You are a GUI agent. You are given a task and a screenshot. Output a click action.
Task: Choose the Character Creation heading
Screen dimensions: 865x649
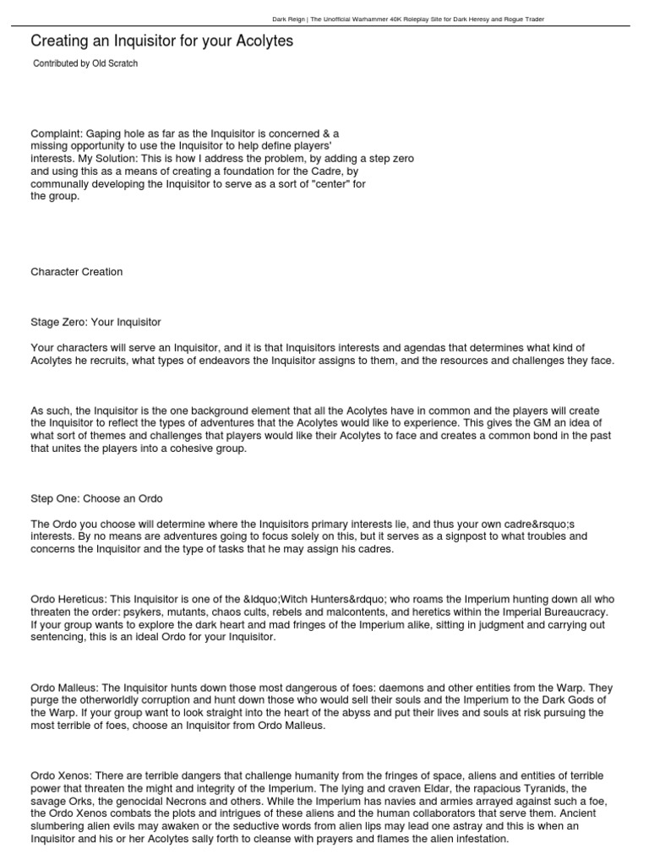pyautogui.click(x=77, y=272)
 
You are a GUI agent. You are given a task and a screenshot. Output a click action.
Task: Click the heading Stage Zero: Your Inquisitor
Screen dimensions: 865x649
pyautogui.click(x=95, y=323)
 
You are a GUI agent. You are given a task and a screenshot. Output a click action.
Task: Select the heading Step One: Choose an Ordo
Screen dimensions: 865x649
pyautogui.click(x=96, y=498)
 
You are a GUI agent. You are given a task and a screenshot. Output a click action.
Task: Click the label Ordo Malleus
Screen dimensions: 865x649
pyautogui.click(x=63, y=688)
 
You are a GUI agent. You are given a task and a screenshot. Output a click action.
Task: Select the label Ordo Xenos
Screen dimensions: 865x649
pyautogui.click(x=60, y=776)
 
